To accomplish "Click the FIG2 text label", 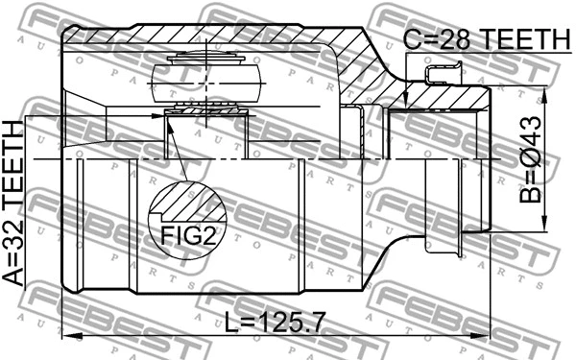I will (x=182, y=235).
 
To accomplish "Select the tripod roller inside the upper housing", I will (x=206, y=77).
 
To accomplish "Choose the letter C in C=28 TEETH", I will (x=410, y=38).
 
